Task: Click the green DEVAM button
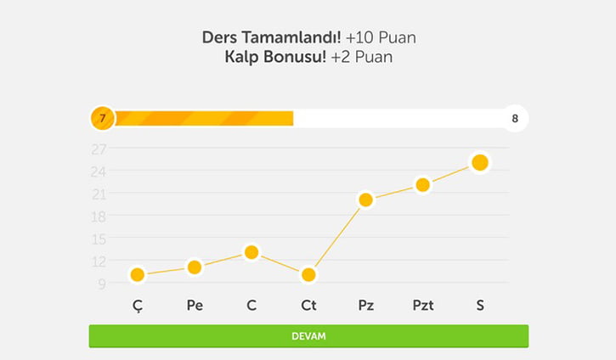308,336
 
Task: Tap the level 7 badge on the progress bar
102,118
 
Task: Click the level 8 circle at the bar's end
515,118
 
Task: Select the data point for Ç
138,274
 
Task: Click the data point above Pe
195,267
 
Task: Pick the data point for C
251,252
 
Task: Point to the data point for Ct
308,274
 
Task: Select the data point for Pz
365,200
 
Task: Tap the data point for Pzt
422,185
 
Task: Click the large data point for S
479,162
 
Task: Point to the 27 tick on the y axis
99,149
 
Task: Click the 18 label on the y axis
99,216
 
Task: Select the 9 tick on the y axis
101,284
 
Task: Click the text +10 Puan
381,39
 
